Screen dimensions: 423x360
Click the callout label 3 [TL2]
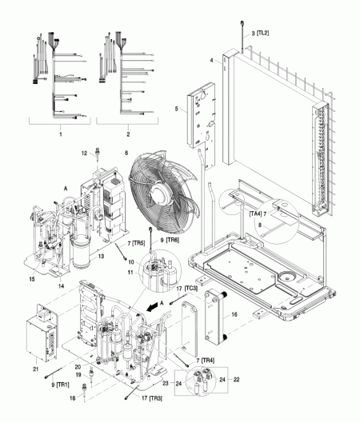click(x=261, y=33)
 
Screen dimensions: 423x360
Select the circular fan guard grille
click(x=161, y=189)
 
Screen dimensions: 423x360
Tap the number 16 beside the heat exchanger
click(x=234, y=317)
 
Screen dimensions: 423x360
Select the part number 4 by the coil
click(x=211, y=60)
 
